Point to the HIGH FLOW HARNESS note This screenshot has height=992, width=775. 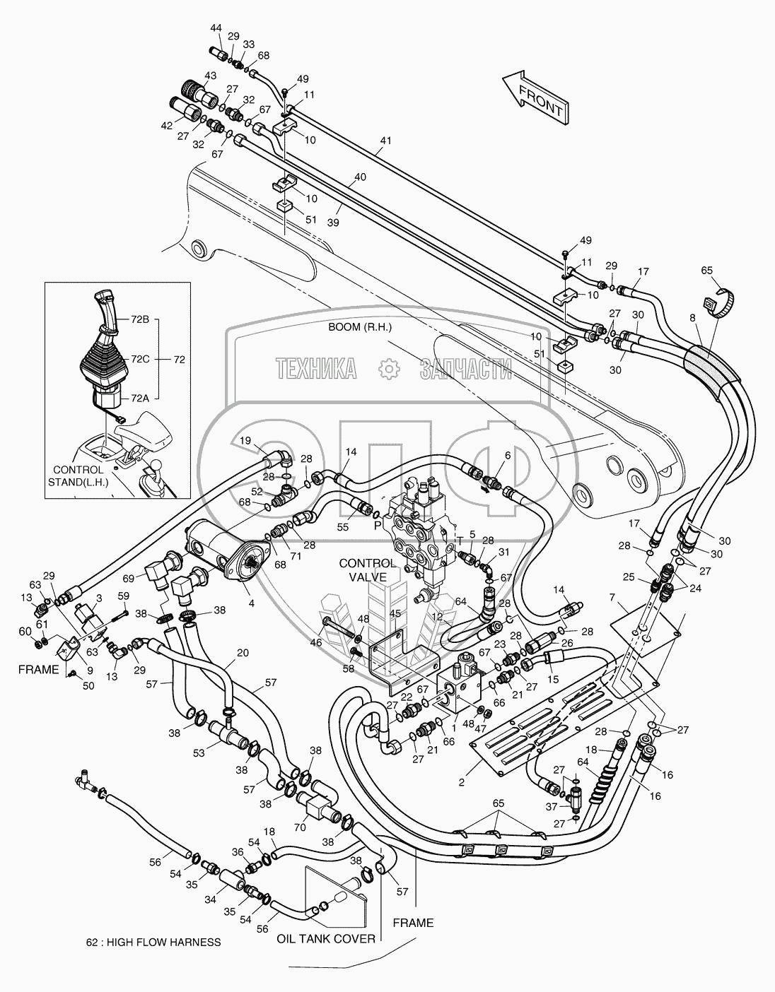pos(153,942)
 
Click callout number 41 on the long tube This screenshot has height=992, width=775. pos(384,141)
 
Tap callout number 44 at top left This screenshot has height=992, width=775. pos(216,28)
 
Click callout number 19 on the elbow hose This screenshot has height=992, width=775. pos(245,440)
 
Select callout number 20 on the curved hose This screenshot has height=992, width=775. pos(243,654)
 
